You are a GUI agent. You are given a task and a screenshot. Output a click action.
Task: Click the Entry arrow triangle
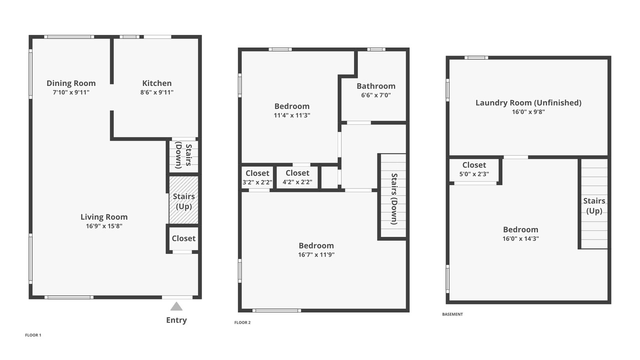[176, 306]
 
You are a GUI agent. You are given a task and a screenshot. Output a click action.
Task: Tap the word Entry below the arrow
[176, 320]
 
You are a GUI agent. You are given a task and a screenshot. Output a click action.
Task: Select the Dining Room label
[71, 83]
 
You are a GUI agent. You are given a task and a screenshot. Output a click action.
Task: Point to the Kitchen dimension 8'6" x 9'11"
[157, 92]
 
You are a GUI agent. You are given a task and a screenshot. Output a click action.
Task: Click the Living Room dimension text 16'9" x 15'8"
[104, 226]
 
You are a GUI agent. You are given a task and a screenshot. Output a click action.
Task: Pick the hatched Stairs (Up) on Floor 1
[183, 199]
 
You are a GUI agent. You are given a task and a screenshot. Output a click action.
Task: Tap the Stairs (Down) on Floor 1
[183, 156]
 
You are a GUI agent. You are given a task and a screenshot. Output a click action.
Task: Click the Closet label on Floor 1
[183, 238]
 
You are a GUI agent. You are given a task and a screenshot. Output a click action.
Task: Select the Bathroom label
[376, 86]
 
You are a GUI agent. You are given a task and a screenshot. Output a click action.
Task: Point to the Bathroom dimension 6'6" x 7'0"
[376, 95]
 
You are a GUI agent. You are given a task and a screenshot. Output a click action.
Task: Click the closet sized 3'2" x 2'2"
[257, 177]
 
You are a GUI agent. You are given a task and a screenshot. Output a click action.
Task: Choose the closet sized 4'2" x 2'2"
[297, 177]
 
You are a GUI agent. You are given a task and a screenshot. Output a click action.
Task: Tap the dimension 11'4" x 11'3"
[292, 115]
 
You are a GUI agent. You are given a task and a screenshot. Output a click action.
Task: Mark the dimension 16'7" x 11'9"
[316, 255]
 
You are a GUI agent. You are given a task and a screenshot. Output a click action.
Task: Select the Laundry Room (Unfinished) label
[528, 103]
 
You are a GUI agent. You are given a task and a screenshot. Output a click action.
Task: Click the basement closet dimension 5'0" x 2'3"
[474, 174]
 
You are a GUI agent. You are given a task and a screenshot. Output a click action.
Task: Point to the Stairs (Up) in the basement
[594, 203]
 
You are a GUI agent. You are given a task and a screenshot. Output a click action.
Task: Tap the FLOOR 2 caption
[242, 322]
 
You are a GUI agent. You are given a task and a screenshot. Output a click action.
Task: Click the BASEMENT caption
[452, 314]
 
